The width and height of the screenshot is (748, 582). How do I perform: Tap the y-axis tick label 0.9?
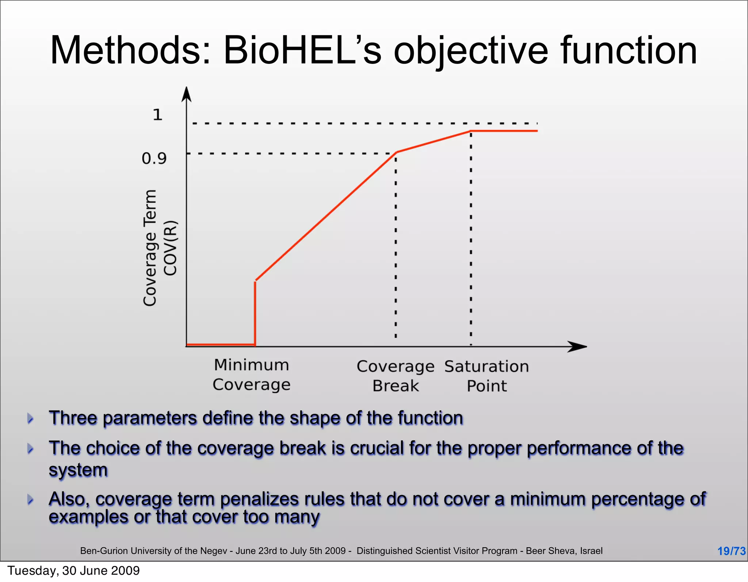click(154, 159)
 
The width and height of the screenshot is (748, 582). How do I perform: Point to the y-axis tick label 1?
click(157, 115)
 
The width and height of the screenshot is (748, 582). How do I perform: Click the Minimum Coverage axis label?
click(252, 374)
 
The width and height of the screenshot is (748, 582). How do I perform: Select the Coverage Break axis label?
click(396, 376)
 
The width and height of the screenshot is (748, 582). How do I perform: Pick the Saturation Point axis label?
click(486, 376)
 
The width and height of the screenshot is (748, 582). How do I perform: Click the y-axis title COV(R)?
click(170, 248)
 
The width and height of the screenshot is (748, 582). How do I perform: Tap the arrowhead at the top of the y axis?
click(187, 94)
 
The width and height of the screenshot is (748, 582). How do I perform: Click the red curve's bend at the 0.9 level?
click(397, 152)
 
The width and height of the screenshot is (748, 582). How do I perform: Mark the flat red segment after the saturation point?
click(504, 130)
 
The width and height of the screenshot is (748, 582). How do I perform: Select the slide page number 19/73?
click(731, 551)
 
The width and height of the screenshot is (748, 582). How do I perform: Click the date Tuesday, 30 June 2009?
click(73, 571)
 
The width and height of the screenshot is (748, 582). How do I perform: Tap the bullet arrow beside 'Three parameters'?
click(31, 418)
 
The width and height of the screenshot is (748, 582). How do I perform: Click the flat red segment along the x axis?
click(220, 344)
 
